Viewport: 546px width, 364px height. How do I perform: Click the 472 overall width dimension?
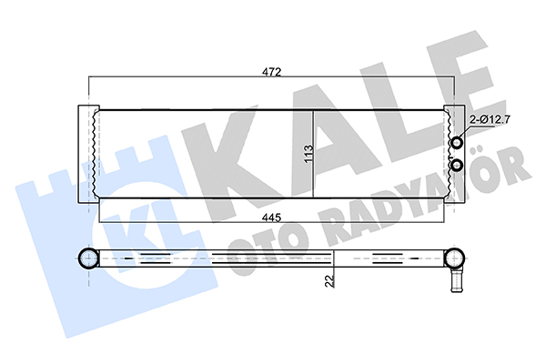click(271, 72)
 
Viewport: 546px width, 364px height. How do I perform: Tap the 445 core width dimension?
click(271, 217)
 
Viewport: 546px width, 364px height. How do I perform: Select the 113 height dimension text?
click(308, 154)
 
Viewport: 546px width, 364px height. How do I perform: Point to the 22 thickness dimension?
click(329, 281)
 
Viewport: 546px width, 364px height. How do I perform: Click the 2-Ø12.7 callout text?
click(490, 120)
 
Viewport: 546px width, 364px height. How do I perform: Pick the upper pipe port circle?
click(457, 143)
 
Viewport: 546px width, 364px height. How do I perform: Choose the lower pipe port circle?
click(457, 166)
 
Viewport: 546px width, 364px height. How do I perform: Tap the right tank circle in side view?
click(455, 258)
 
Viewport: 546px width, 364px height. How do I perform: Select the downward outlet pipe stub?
click(457, 281)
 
